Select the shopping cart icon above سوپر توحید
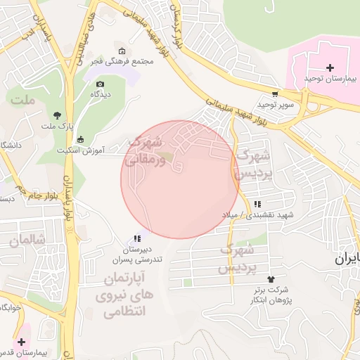[x=274, y=94]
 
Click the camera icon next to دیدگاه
[x=100, y=84]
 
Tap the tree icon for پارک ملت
[x=56, y=115]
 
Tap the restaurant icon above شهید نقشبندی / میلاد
[x=256, y=204]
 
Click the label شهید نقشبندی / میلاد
[x=263, y=214]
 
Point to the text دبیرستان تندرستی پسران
[x=137, y=255]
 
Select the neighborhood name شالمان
[x=27, y=240]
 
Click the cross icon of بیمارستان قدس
[x=20, y=341]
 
